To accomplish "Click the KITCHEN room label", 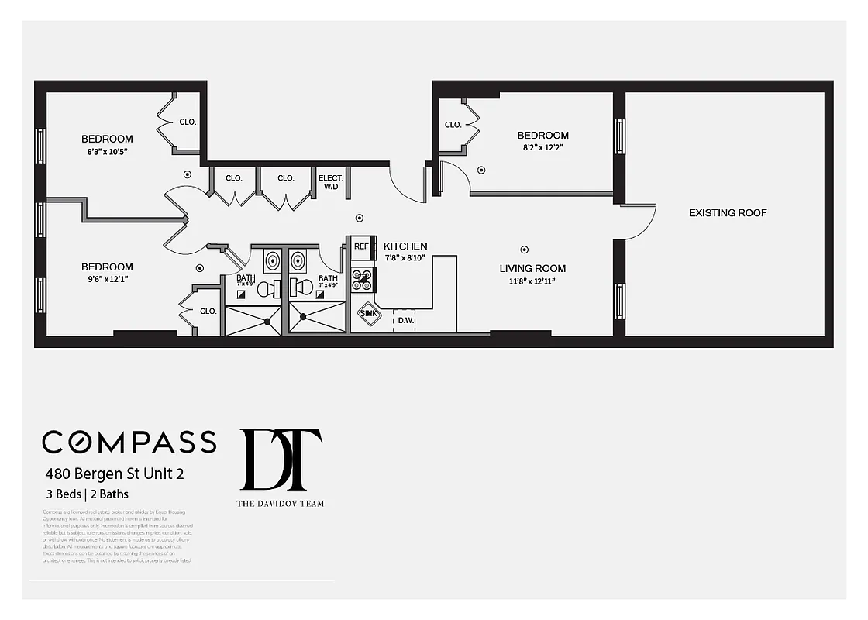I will (x=405, y=246).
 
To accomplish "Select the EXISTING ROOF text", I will (x=728, y=212).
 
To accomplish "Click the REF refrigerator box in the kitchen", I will (x=362, y=246).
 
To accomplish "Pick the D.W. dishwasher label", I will (x=405, y=319).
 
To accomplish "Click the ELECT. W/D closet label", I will (x=330, y=182).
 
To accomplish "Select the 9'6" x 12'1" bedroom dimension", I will (x=107, y=279).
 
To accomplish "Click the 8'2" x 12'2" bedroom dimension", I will (x=542, y=147).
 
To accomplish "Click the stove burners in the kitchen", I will (x=362, y=279).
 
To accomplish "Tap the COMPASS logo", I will (x=129, y=442).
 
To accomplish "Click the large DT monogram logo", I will (x=281, y=460).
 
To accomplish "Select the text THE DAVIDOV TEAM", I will (x=281, y=504).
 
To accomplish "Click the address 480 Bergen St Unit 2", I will (x=114, y=473).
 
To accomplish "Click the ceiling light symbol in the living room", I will (x=525, y=250).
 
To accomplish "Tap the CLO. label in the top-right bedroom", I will (x=453, y=125).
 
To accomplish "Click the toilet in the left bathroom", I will (x=265, y=289).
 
